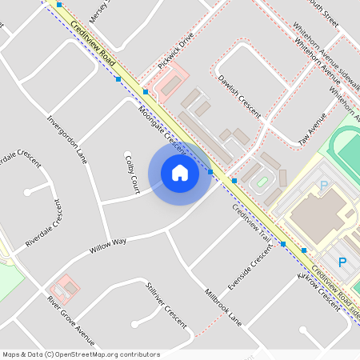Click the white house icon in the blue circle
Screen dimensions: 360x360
(179, 172)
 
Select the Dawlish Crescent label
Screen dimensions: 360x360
(238, 97)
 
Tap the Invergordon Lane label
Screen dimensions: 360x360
(67, 138)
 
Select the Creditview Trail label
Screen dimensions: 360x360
(252, 224)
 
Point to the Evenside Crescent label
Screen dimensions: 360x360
(250, 271)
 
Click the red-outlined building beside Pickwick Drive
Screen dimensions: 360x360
(167, 82)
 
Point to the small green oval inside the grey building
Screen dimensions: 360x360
(262, 183)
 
